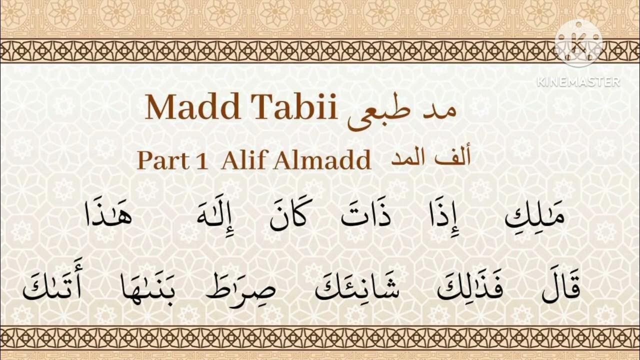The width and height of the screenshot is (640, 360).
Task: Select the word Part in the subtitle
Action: (x=159, y=160)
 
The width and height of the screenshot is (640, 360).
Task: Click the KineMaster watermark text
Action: (x=578, y=81)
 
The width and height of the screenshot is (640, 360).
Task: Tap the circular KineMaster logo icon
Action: (x=578, y=44)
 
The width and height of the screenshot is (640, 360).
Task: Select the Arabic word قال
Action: (x=560, y=286)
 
